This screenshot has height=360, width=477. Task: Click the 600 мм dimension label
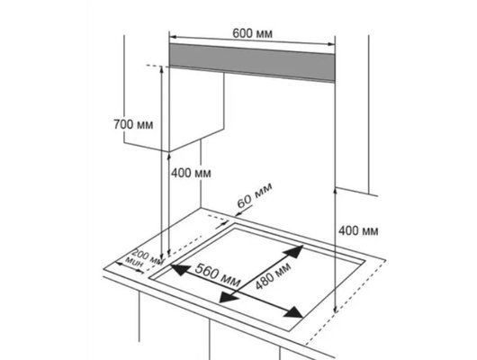[252, 33]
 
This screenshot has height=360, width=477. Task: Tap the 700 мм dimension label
[133, 124]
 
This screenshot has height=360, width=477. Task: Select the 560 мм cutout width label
[217, 275]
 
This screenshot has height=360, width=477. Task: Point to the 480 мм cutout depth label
[274, 275]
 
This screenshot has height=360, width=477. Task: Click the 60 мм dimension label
[255, 195]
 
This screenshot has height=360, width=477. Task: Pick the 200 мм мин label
[145, 259]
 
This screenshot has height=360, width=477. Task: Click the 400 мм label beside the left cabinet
[191, 173]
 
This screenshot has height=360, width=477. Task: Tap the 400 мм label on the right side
[358, 231]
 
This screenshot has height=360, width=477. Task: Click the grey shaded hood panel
[252, 62]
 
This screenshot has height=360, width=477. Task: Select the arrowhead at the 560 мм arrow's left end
[180, 269]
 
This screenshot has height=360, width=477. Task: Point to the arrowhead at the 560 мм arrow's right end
[292, 312]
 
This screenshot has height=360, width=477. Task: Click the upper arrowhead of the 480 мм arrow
[294, 251]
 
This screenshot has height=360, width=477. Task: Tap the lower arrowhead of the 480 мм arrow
[229, 297]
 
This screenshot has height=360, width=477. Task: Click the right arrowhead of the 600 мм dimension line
[331, 44]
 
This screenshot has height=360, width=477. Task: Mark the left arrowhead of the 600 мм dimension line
[173, 37]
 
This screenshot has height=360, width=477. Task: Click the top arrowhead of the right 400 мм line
[335, 191]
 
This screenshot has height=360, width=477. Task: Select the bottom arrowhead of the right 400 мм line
[335, 310]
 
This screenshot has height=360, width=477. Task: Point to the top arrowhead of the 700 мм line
[161, 69]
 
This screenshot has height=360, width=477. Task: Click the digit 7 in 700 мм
[117, 124]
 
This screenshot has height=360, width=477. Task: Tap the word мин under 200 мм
[134, 263]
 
